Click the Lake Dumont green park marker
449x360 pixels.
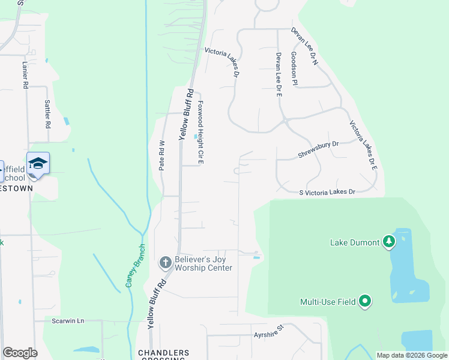click(390, 241)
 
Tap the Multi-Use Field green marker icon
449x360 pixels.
click(364, 301)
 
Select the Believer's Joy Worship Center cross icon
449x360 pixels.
click(165, 262)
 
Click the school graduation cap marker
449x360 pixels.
click(38, 164)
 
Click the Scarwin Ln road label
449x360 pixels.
click(67, 322)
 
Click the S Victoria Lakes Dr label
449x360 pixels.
click(327, 192)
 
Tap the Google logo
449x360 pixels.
click(20, 353)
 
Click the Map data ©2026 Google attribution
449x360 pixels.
click(412, 355)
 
